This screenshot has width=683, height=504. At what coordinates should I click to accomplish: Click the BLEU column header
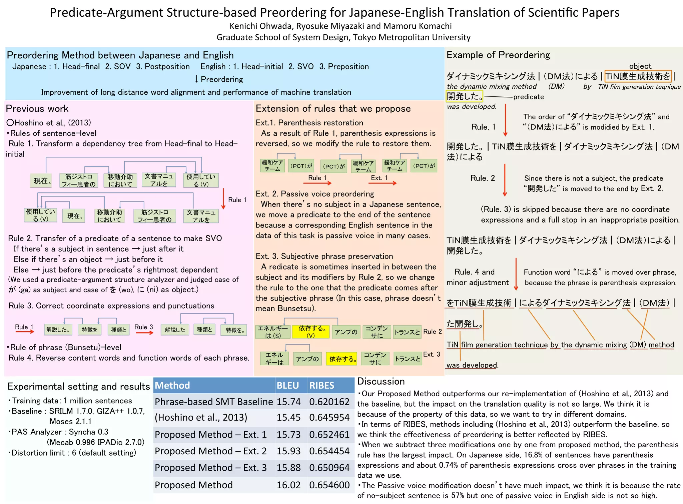pos(287,386)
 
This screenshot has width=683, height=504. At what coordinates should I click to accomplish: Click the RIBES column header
pos(321,386)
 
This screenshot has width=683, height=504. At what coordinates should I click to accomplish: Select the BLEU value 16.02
pos(288,485)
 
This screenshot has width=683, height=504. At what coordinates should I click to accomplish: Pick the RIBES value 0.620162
pos(329,402)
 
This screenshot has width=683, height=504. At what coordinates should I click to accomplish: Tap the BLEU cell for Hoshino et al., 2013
pos(288,418)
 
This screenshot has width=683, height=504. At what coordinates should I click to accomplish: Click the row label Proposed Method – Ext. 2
pos(210,451)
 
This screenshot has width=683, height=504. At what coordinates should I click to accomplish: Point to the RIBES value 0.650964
pos(329,468)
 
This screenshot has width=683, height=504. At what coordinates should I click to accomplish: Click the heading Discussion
pos(381,381)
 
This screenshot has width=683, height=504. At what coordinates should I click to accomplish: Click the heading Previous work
pos(37,108)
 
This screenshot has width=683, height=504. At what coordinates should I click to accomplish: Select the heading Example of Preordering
pos(498,55)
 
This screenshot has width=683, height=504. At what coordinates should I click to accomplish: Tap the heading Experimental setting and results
pos(79,386)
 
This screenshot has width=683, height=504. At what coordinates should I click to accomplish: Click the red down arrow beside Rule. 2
pos(505,180)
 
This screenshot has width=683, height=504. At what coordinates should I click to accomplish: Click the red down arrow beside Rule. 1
pos(506,120)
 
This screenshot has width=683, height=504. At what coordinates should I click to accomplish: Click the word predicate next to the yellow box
pos(528,97)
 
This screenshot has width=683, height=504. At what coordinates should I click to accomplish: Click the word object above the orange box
pos(640,66)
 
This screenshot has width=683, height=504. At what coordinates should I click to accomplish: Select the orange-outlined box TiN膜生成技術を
pos(638,76)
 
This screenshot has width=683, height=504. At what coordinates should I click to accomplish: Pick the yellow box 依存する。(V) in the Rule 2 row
pos(310,332)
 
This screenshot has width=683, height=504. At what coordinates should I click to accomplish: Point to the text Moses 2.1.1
pos(70,421)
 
